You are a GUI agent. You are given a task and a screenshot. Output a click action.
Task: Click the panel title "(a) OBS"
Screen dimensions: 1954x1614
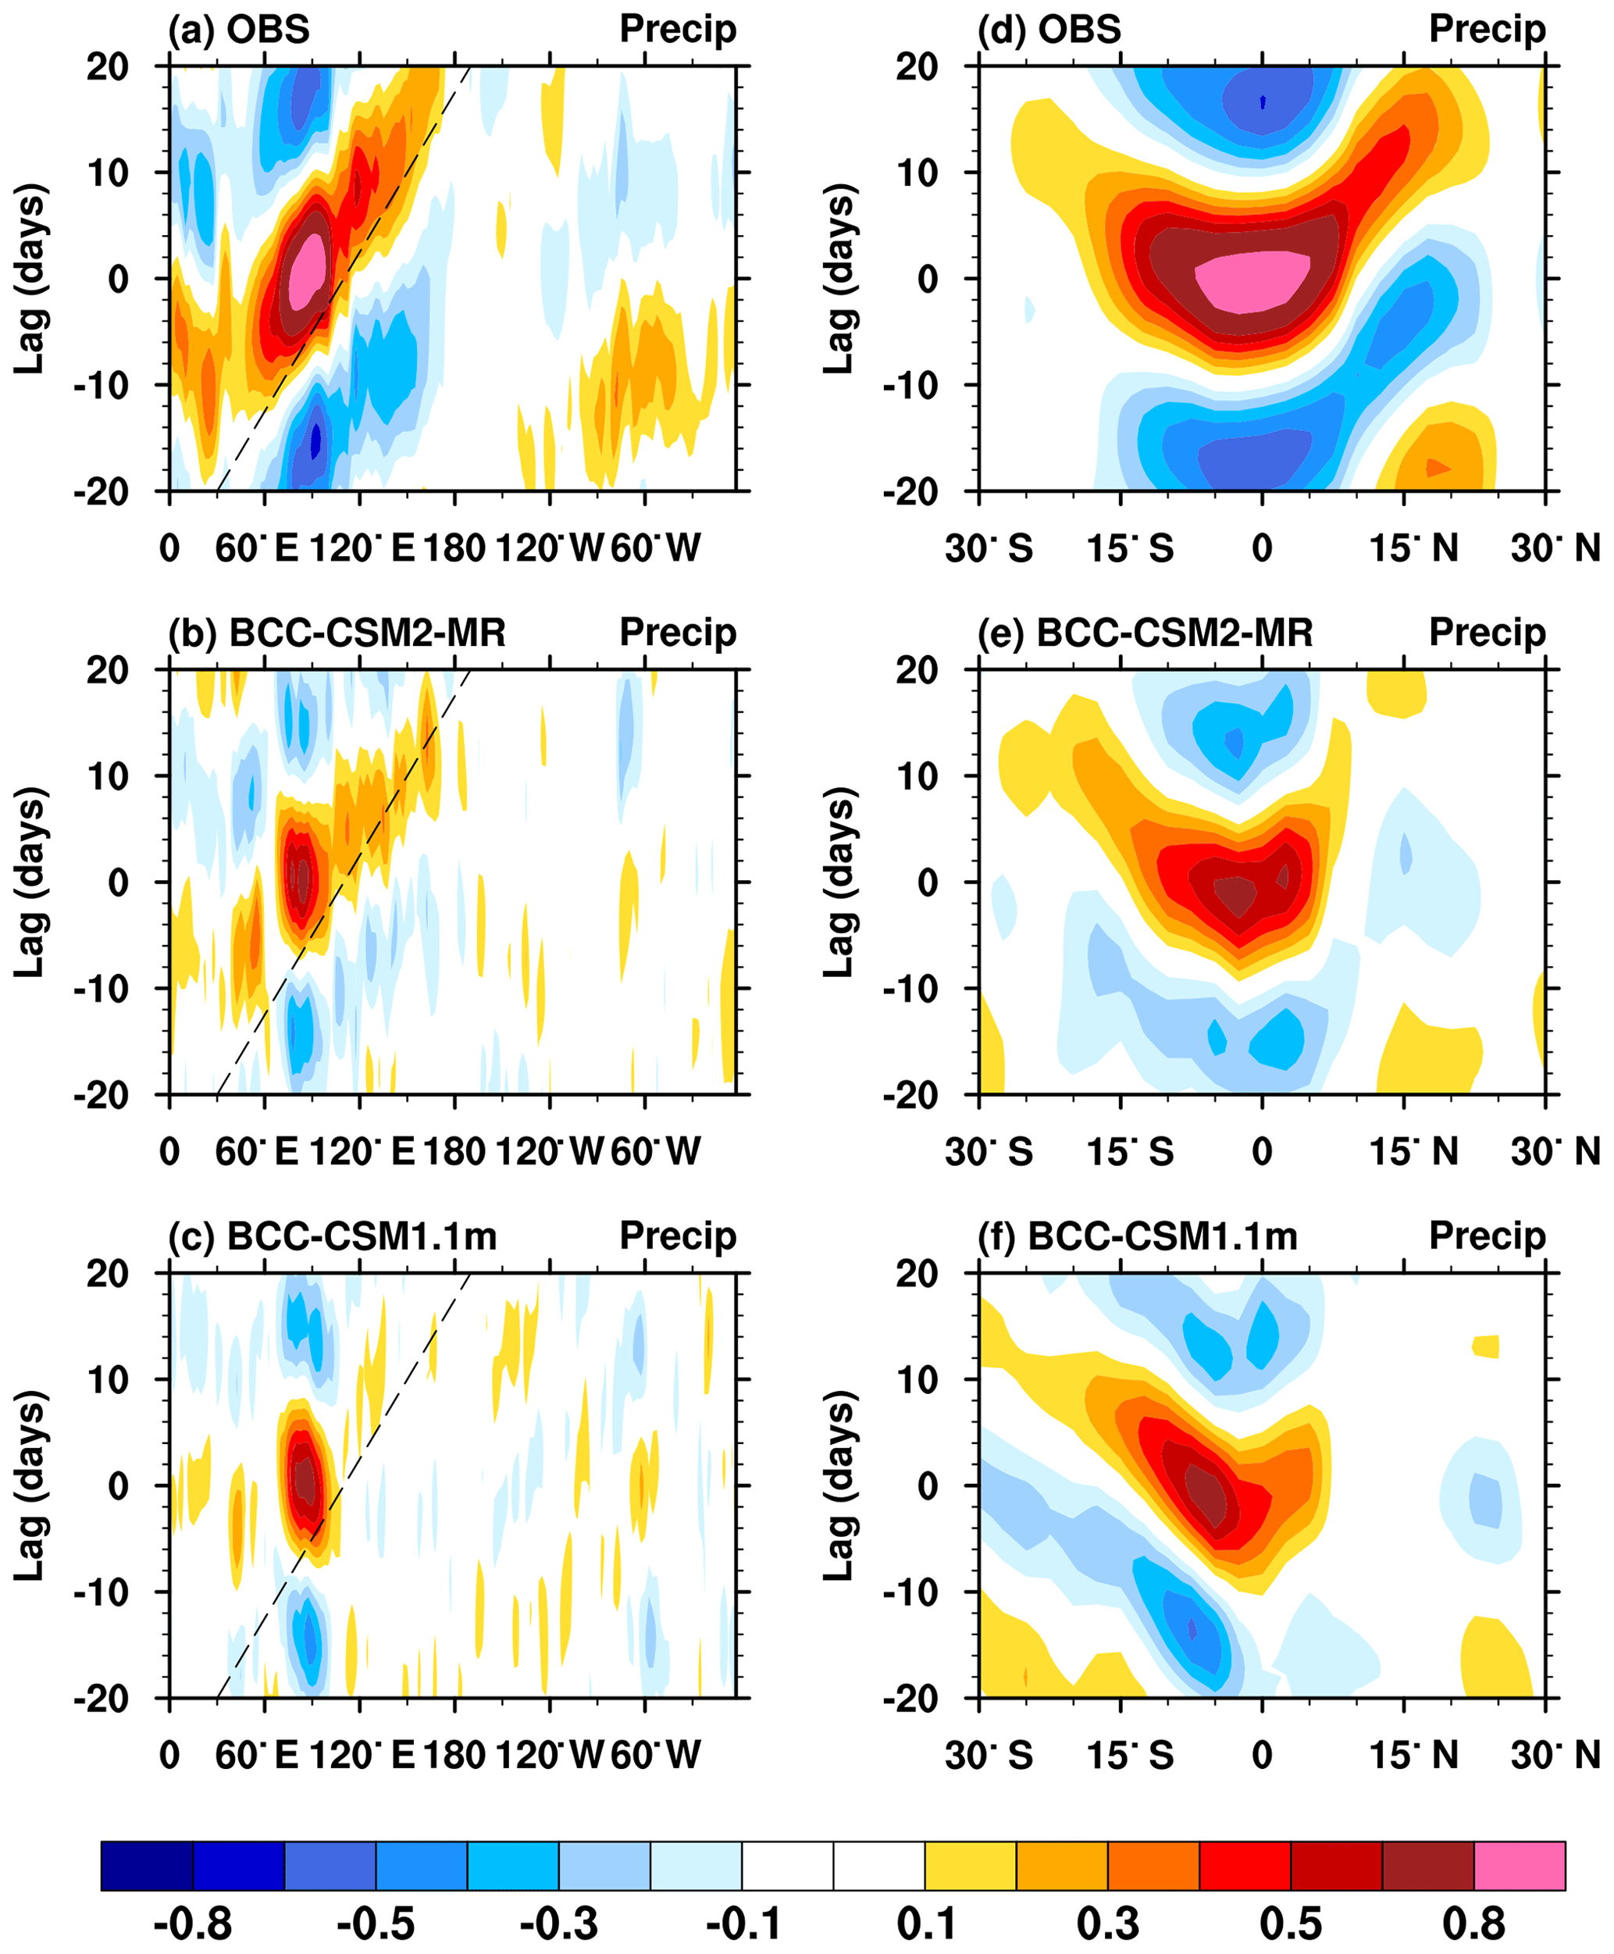click(x=238, y=29)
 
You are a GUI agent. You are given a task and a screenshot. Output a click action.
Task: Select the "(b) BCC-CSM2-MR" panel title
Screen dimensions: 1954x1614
click(x=337, y=633)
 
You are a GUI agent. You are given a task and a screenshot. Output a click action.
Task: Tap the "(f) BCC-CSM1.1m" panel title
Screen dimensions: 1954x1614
click(x=1137, y=1236)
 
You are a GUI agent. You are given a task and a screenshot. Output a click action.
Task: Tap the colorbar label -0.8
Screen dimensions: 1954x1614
click(x=192, y=1924)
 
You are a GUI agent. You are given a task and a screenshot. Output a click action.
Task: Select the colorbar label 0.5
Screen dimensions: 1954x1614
click(x=1291, y=1924)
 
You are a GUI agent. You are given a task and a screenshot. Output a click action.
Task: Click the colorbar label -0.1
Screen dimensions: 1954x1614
click(x=742, y=1924)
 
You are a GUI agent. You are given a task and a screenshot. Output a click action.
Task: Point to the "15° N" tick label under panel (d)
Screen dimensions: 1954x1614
click(x=1413, y=549)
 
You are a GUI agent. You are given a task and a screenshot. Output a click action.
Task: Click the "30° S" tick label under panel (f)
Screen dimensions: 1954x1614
click(x=989, y=1755)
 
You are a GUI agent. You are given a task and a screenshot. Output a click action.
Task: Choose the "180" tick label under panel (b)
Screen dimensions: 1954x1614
click(x=454, y=1151)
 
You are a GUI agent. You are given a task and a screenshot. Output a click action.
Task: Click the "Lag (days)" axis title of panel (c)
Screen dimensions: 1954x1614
click(x=30, y=1485)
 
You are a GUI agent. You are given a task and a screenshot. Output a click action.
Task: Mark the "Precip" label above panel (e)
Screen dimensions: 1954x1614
click(x=1487, y=633)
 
